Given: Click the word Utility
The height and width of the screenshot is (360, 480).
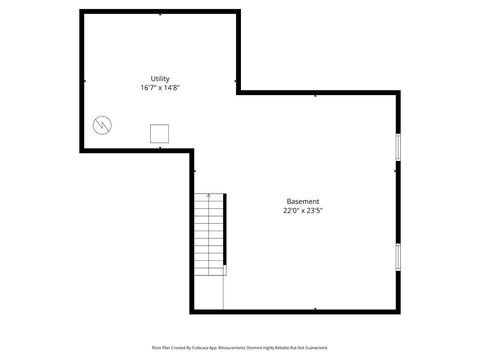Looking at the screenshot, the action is coord(160,79).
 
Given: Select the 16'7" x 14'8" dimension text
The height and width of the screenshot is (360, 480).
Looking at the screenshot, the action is coord(160,88).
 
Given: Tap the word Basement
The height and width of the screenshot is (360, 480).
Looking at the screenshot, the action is coord(303,201).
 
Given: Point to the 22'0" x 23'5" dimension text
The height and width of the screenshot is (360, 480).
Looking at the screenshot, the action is coord(303,211).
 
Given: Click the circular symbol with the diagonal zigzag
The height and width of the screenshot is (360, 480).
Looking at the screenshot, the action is coord(102,125).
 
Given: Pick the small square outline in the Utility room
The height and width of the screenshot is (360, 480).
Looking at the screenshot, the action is coord(159,134).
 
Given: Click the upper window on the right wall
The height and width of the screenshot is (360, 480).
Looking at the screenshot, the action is coord(398,147).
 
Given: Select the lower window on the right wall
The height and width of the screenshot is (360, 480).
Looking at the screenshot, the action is coord(398,257).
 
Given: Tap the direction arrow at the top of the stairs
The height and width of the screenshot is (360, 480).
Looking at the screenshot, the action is coord(209,196).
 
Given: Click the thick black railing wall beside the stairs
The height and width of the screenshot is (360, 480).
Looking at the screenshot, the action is coord(225,229).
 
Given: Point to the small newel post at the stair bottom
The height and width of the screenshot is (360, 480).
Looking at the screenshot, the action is coord(225,270).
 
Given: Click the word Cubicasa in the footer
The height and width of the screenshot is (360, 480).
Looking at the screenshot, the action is coord(200,348).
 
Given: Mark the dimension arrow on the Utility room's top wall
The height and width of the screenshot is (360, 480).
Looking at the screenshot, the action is coord(160,15).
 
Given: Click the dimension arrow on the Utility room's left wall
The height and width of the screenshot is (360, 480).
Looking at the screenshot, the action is coord(85,81).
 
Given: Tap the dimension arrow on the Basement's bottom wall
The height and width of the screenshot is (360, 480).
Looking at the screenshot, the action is coord(315,308).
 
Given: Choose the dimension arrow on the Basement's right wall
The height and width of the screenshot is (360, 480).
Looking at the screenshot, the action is coord(395,171).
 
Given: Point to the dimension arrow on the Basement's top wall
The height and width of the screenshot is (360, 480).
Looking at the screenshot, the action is coord(315,96).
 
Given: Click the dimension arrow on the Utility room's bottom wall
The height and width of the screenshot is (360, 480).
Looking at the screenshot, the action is coord(160,148).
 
